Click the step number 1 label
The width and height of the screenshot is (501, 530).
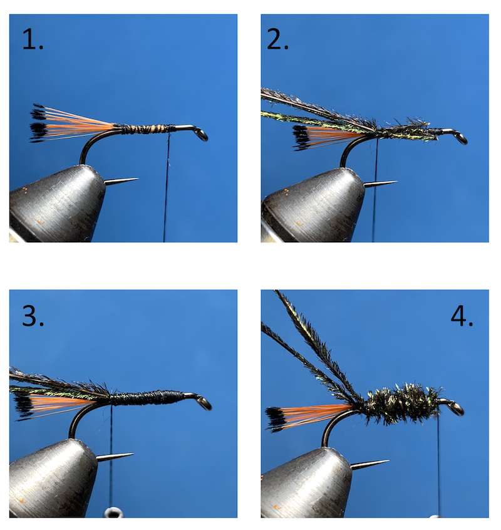pos(33,39)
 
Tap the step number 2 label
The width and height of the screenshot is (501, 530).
pos(277,39)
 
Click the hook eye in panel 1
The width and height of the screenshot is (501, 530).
pos(202,134)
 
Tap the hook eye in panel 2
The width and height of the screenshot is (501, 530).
pos(462,138)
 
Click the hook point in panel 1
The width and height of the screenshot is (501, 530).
pos(136,179)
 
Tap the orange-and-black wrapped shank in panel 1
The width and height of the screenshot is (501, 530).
pos(146,128)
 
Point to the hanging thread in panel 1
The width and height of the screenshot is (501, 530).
pos(166,187)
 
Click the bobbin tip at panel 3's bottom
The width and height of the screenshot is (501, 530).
pos(113,513)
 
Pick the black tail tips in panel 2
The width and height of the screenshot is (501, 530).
pos(299,137)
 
